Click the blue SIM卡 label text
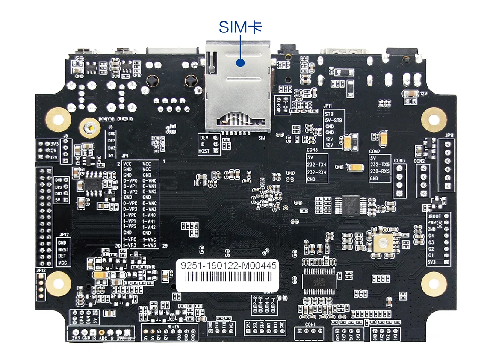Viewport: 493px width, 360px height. (240, 27)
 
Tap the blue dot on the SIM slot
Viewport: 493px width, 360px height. (240, 63)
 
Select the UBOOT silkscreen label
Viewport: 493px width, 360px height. (434, 216)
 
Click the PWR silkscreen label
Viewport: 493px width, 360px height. (431, 223)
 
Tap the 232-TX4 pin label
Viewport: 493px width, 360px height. (316, 164)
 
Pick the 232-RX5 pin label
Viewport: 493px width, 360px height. (380, 171)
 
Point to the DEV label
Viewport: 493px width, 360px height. (204, 138)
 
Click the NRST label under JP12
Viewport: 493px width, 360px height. (62, 249)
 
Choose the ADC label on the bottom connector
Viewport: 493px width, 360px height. (103, 338)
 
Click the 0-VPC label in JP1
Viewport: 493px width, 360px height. (130, 203)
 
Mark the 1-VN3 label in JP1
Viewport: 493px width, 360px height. (149, 245)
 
